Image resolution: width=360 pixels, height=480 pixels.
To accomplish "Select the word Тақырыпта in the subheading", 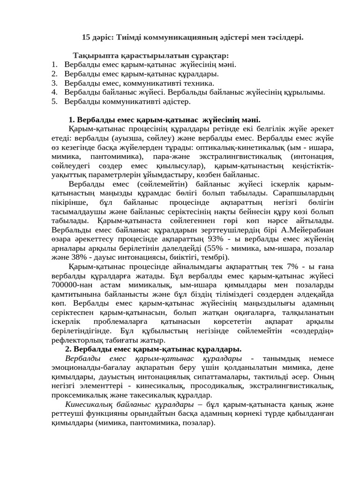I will tap(94, 56).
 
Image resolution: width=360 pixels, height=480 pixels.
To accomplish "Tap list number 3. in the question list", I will tap(54, 83).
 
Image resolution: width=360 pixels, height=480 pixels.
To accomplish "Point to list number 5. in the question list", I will tap(54, 101).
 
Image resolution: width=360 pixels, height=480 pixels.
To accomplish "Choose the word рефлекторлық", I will tap(75, 340).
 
